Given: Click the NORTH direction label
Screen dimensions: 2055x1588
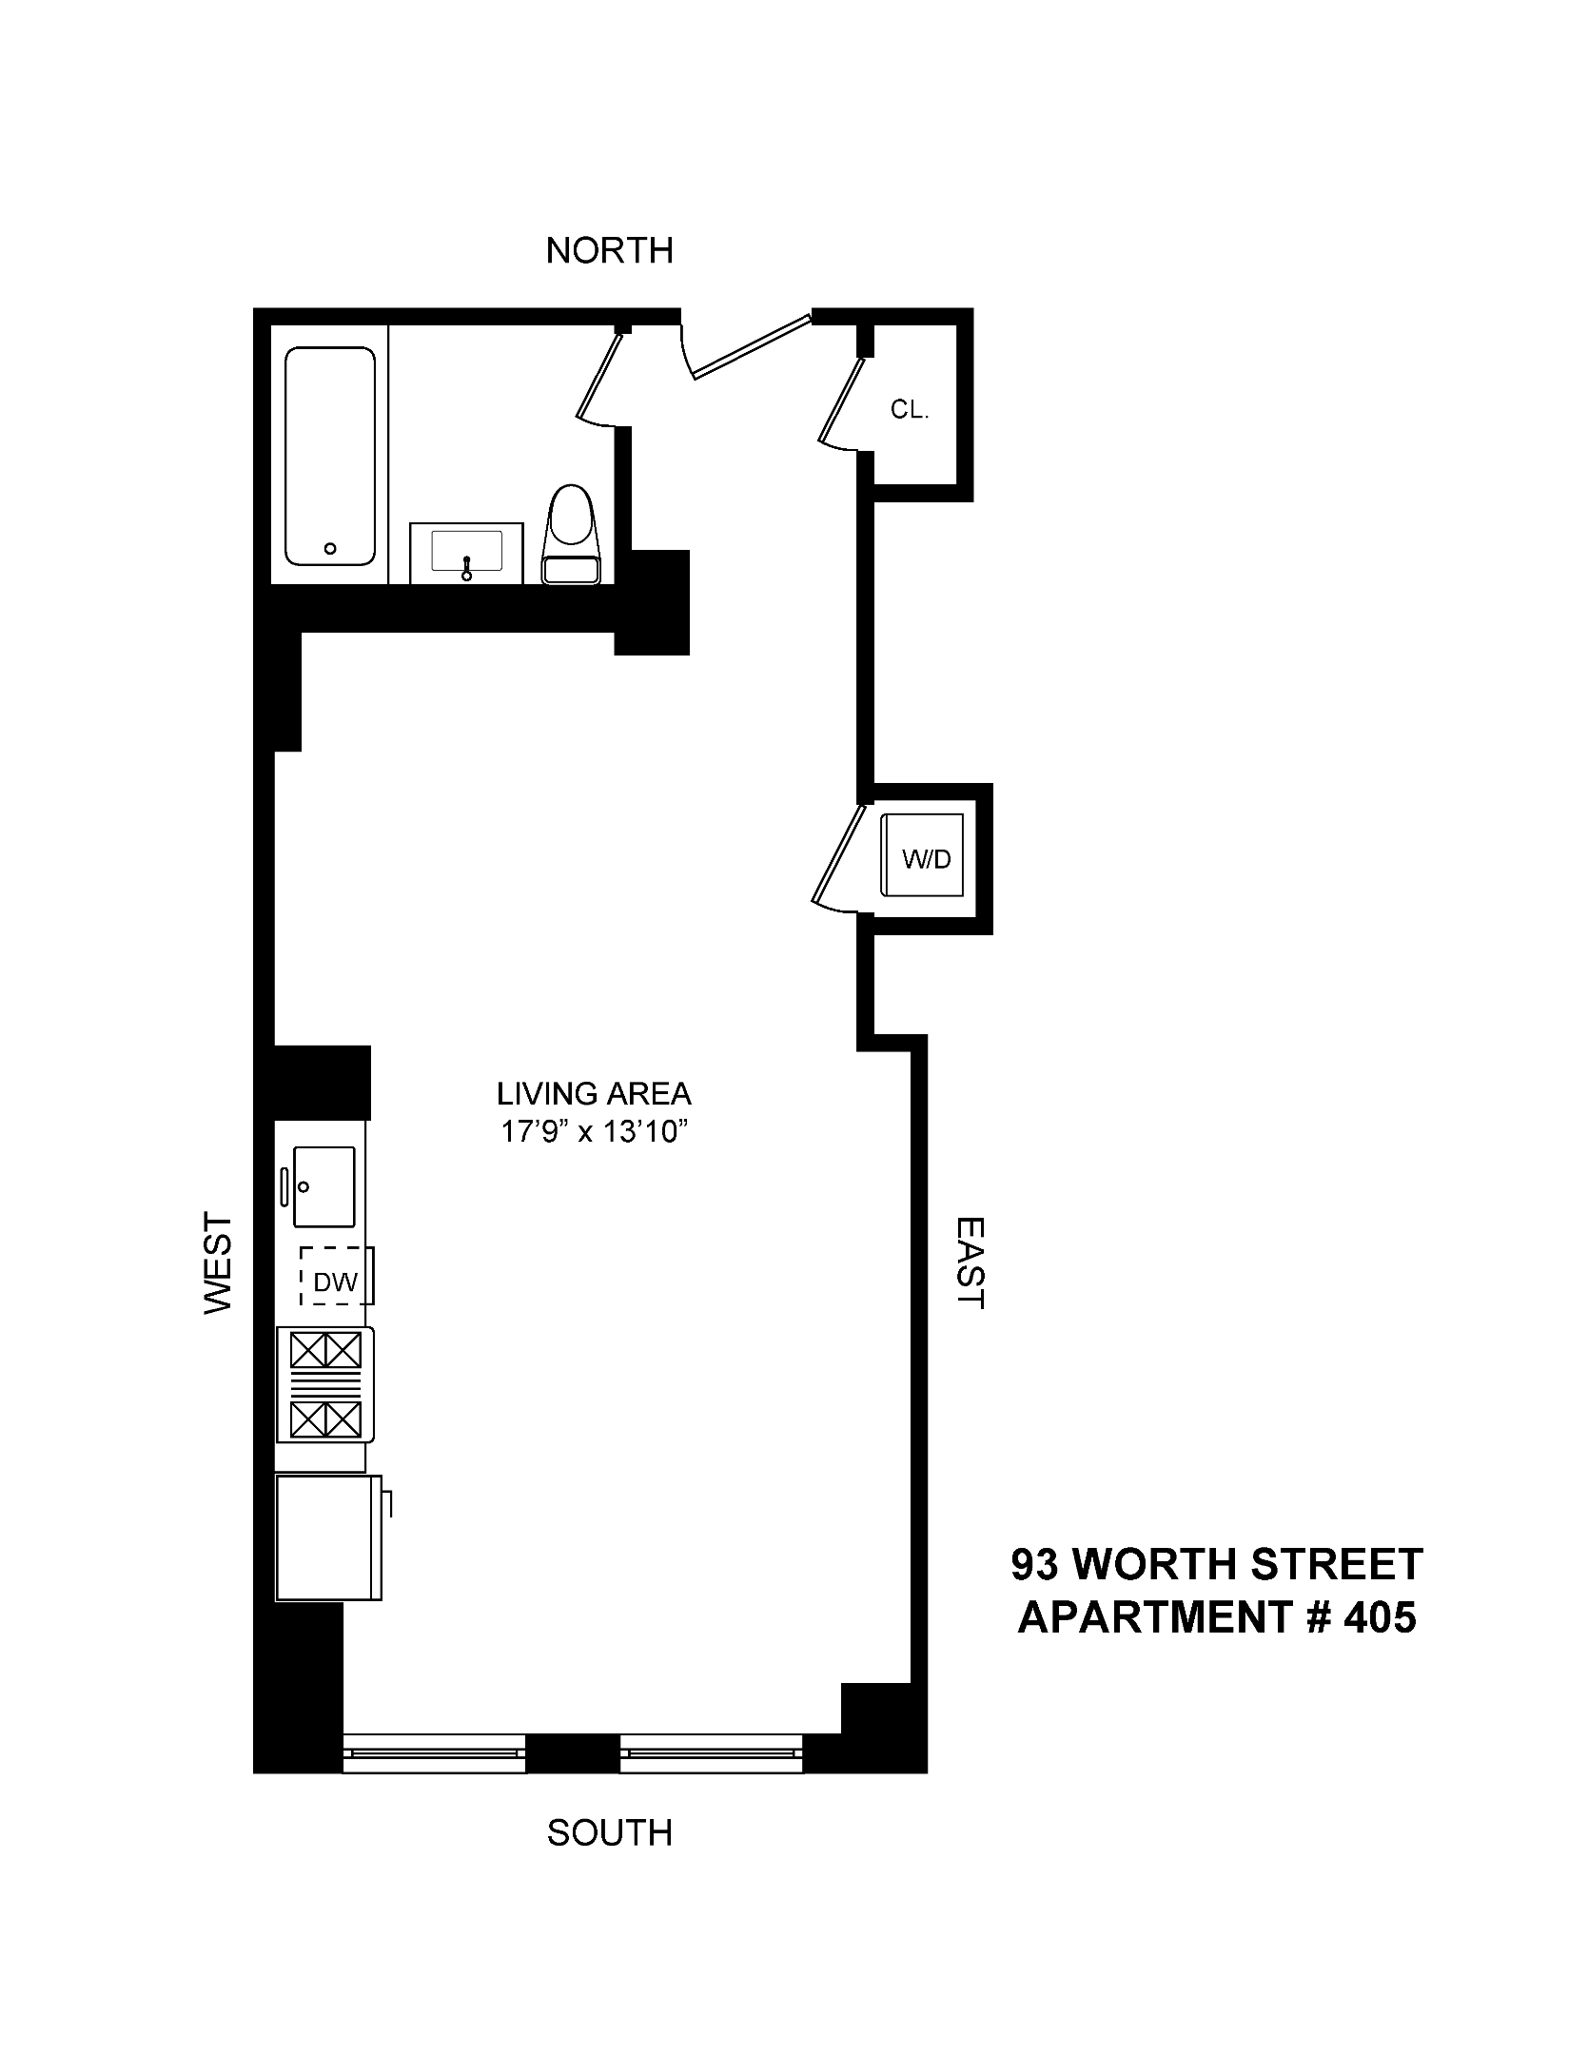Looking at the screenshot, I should pyautogui.click(x=609, y=250).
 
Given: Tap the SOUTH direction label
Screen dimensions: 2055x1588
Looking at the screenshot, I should pyautogui.click(x=609, y=1831).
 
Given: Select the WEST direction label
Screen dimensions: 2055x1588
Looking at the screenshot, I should pyautogui.click(x=218, y=1262).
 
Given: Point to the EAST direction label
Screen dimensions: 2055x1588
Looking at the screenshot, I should pyautogui.click(x=970, y=1262).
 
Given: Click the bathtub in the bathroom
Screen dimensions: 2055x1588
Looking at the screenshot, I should pyautogui.click(x=330, y=457).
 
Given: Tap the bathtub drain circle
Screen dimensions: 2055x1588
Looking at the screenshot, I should pyautogui.click(x=330, y=548).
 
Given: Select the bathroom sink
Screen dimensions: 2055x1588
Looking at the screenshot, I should pyautogui.click(x=466, y=552).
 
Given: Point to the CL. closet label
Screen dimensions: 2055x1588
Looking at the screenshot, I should pyautogui.click(x=909, y=410).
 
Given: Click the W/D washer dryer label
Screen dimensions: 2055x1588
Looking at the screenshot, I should pyautogui.click(x=926, y=859).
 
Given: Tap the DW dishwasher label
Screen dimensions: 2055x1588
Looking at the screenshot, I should pyautogui.click(x=335, y=1282).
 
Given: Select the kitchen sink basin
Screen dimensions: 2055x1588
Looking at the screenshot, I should pyautogui.click(x=323, y=1186).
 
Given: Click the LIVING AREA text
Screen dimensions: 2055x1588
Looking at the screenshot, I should pyautogui.click(x=594, y=1094).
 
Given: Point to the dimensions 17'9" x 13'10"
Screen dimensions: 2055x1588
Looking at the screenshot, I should pyautogui.click(x=594, y=1133).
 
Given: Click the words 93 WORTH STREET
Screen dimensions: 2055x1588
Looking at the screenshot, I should pyautogui.click(x=1217, y=1564).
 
